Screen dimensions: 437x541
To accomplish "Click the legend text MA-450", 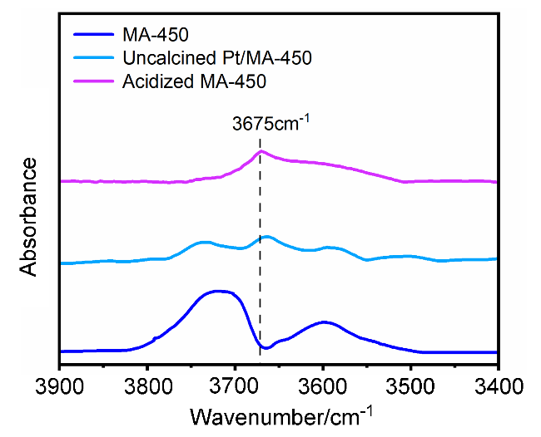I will coord(155,37).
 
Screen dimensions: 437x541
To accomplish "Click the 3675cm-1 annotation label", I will coord(271,125).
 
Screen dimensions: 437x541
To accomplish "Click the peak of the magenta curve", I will coord(261,151).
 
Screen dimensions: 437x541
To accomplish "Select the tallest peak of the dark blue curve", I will coord(218,291).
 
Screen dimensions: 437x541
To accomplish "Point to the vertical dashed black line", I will coord(261,249).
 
